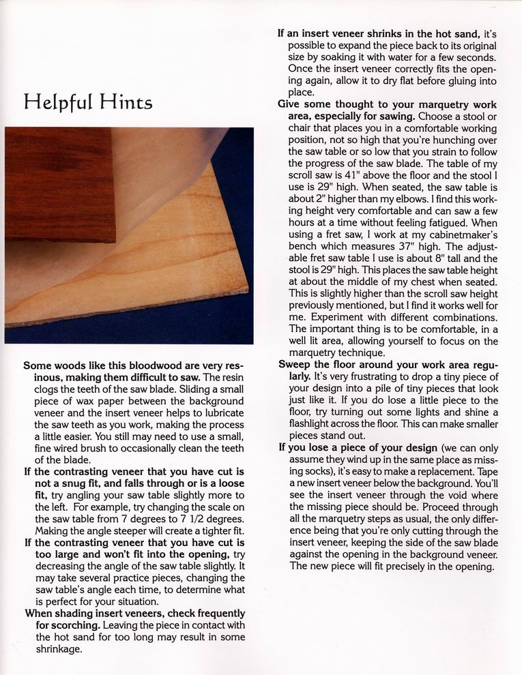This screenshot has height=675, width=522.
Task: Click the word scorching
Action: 73,625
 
